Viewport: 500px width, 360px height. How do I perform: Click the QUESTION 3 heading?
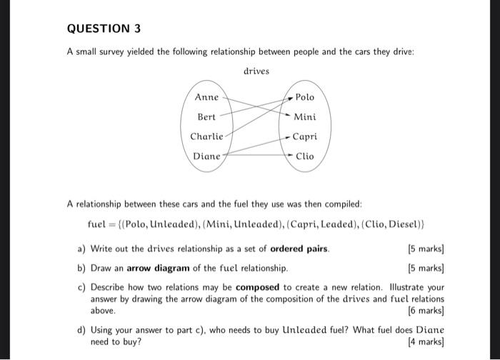point(104,29)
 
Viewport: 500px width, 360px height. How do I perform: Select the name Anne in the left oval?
point(206,97)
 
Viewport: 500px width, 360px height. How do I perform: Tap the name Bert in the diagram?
point(206,116)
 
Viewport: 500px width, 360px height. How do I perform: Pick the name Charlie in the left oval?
point(206,136)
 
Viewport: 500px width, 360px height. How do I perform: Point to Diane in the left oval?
point(206,156)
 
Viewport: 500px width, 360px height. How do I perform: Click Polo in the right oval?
point(304,97)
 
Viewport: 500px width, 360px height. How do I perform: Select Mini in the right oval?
point(304,117)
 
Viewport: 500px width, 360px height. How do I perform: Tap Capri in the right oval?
point(304,136)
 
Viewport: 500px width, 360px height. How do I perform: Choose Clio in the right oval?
point(304,156)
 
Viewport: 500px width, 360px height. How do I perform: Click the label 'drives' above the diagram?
point(256,71)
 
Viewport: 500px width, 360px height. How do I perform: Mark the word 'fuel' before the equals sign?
point(96,224)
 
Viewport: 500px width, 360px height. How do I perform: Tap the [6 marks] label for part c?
point(424,311)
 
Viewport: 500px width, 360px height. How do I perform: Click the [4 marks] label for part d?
point(424,341)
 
